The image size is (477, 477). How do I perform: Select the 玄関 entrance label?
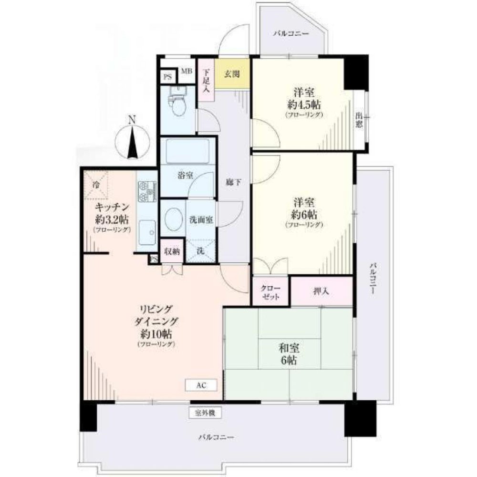pyautogui.click(x=232, y=74)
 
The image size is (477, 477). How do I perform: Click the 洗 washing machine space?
pyautogui.click(x=200, y=251)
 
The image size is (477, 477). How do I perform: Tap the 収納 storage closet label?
pyautogui.click(x=172, y=251)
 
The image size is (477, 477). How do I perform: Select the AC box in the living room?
pyautogui.click(x=201, y=384)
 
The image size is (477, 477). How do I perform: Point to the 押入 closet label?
pyautogui.click(x=321, y=290)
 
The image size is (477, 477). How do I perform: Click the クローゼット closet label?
pyautogui.click(x=270, y=291)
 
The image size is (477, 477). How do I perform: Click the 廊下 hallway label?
pyautogui.click(x=231, y=181)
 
